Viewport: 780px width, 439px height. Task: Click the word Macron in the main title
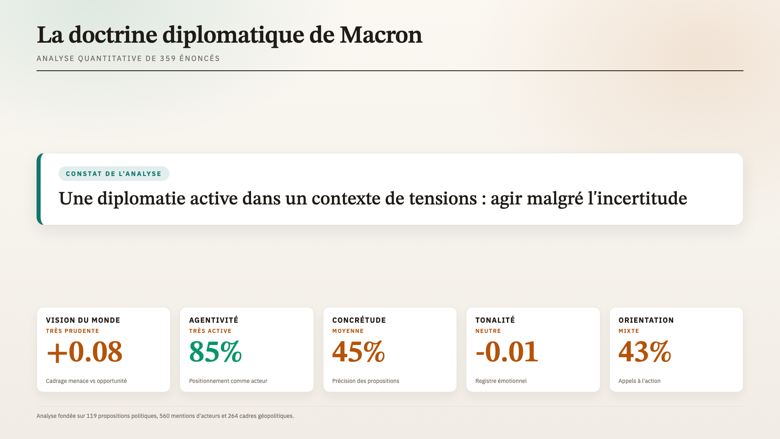[381, 35]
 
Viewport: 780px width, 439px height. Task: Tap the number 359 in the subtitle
[168, 59]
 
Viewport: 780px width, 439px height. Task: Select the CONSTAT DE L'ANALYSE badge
[114, 174]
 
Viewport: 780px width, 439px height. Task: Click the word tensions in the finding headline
[443, 198]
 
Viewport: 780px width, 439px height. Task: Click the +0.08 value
[84, 352]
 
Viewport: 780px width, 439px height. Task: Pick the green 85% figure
[215, 352]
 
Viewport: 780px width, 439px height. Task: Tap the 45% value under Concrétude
[359, 352]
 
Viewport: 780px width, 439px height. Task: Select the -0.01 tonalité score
[507, 352]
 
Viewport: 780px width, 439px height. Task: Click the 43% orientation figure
[645, 352]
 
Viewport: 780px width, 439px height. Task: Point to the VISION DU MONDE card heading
[83, 320]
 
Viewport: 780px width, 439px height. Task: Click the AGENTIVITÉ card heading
[214, 320]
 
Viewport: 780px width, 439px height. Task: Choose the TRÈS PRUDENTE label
[72, 331]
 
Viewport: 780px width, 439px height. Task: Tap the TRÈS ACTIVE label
[210, 331]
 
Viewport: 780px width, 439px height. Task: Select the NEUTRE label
[488, 331]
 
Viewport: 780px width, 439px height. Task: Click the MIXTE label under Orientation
[628, 331]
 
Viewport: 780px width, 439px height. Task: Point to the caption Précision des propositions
[366, 381]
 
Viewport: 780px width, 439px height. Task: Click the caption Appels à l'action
[639, 381]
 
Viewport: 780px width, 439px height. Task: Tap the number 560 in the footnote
[164, 416]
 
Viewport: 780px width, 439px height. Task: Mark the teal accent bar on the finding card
[39, 189]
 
